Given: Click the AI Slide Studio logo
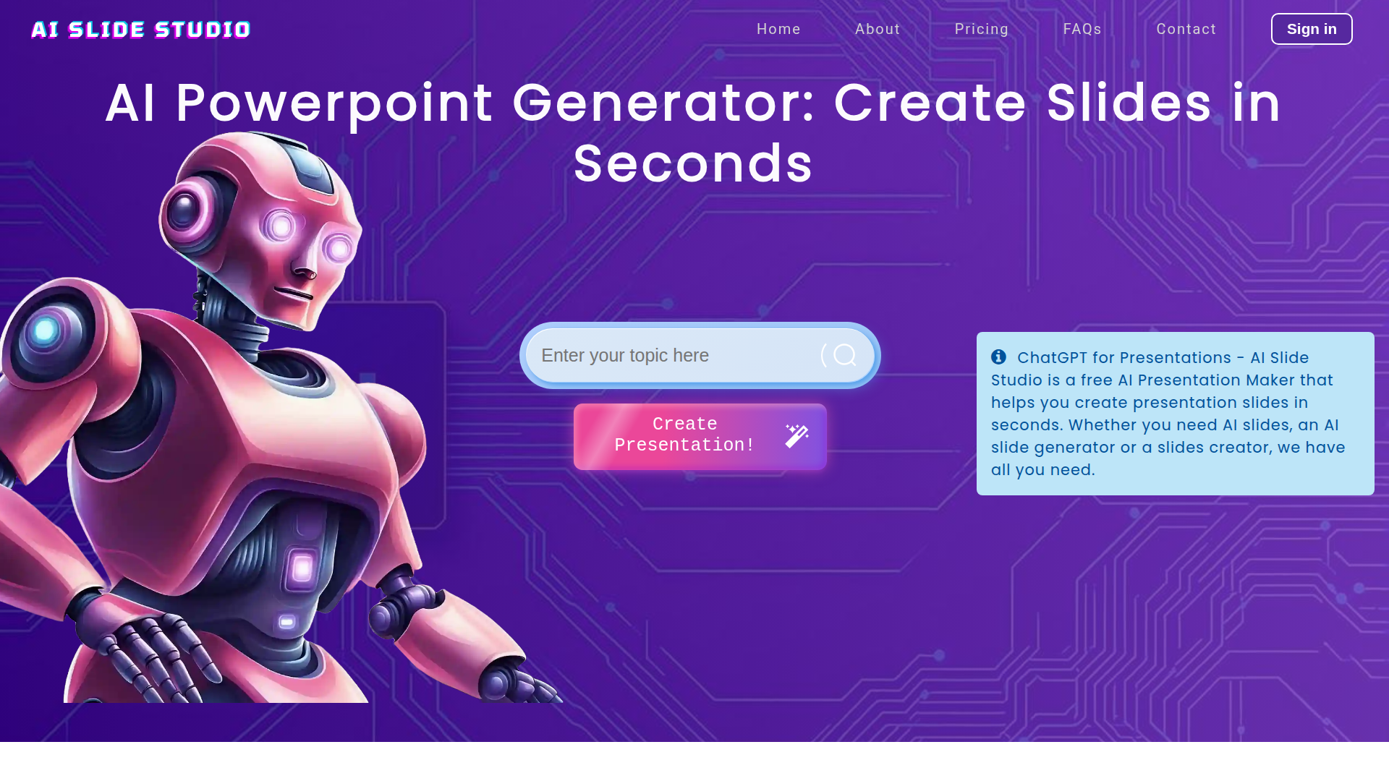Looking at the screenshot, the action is pyautogui.click(x=141, y=30).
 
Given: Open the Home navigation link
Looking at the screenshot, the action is pyautogui.click(x=778, y=29).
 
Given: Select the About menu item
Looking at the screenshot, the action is pyautogui.click(x=878, y=29).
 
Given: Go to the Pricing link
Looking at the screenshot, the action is pyautogui.click(x=981, y=29).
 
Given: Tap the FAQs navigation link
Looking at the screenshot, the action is pyautogui.click(x=1082, y=29).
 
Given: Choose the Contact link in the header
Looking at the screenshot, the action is pyautogui.click(x=1186, y=29).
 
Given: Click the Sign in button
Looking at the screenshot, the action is pyautogui.click(x=1312, y=29).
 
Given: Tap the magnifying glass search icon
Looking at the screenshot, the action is pyautogui.click(x=844, y=355).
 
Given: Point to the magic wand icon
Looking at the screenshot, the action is pyautogui.click(x=797, y=436).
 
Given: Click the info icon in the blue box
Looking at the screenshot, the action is pyautogui.click(x=998, y=357).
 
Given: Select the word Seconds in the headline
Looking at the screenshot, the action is pyautogui.click(x=694, y=163).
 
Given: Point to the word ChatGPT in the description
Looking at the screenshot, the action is pyautogui.click(x=1051, y=358).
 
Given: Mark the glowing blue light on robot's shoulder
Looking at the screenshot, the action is pyautogui.click(x=45, y=330).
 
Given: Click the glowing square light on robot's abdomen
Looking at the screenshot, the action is pyautogui.click(x=302, y=568).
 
